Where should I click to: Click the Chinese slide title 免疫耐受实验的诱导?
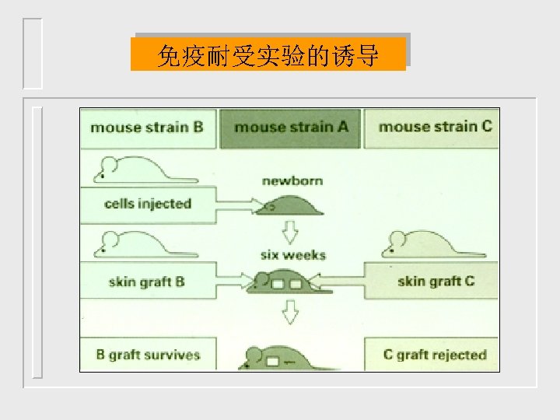point(268,55)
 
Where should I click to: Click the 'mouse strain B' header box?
point(147,127)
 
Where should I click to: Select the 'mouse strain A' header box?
point(290,127)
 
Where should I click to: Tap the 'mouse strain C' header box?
point(434,127)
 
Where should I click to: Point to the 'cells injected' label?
point(147,204)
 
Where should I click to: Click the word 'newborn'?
point(292,181)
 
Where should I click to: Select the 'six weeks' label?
point(293,255)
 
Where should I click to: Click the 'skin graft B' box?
point(147,282)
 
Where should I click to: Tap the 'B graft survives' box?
point(148,355)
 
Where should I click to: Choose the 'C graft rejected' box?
point(433,355)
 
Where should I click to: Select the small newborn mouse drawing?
point(292,208)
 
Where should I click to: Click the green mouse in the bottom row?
point(280,358)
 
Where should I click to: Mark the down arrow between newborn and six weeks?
point(291,231)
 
